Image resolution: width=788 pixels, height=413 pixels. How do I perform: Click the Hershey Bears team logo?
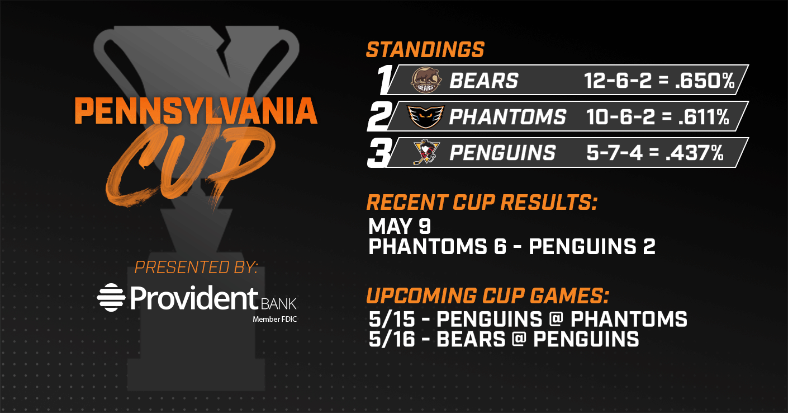pyautogui.click(x=426, y=81)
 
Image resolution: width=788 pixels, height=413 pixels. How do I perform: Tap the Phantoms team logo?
pyautogui.click(x=426, y=116)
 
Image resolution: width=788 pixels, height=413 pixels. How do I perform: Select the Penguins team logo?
pyautogui.click(x=426, y=152)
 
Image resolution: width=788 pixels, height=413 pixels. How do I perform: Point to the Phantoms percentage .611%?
pyautogui.click(x=704, y=116)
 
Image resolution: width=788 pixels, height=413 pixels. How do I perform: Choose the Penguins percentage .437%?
pyautogui.click(x=695, y=153)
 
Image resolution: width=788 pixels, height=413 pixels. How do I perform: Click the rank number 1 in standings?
pyautogui.click(x=385, y=79)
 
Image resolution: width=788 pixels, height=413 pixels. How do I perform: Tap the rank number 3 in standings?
pyautogui.click(x=379, y=153)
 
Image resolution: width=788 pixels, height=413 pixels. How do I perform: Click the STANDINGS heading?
pyautogui.click(x=425, y=50)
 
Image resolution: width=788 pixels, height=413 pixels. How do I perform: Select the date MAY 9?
pyautogui.click(x=400, y=226)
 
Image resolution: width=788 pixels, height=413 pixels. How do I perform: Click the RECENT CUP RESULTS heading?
pyautogui.click(x=482, y=202)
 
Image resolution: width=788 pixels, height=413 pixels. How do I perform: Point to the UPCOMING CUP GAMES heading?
pyautogui.click(x=487, y=295)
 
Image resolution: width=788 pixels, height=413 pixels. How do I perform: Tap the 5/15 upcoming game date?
pyautogui.click(x=392, y=319)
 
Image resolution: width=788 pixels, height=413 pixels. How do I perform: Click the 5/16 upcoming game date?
pyautogui.click(x=392, y=339)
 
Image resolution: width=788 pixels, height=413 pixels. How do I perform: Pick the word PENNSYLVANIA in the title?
pyautogui.click(x=196, y=111)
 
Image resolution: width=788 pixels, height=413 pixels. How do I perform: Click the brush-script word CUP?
pyautogui.click(x=190, y=166)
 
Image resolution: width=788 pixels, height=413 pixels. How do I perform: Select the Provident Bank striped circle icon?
pyautogui.click(x=111, y=297)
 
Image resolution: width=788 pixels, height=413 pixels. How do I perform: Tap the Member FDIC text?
pyautogui.click(x=275, y=320)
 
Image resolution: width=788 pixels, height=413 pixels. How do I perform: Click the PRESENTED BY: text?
pyautogui.click(x=196, y=267)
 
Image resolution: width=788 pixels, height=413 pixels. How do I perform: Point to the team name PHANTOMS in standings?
pyautogui.click(x=507, y=117)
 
